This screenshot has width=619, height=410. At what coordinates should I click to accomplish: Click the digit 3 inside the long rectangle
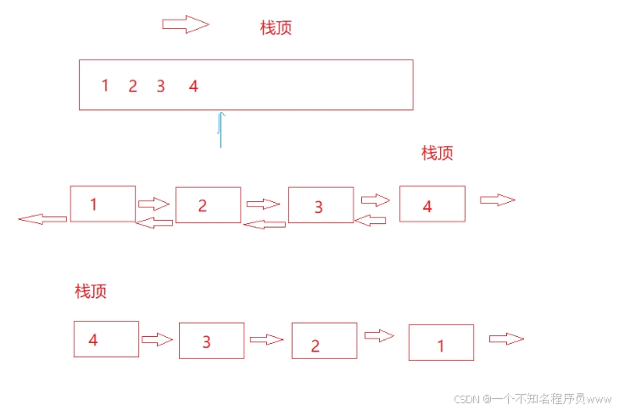[x=160, y=86]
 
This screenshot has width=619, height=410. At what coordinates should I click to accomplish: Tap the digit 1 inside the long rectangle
[x=105, y=85]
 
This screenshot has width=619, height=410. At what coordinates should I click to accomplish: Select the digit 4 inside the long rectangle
[x=193, y=86]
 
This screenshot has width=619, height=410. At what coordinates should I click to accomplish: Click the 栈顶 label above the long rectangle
[x=276, y=28]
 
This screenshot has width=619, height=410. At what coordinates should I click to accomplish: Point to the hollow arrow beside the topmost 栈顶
[x=185, y=25]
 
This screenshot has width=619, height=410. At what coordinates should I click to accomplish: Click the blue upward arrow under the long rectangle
[x=220, y=129]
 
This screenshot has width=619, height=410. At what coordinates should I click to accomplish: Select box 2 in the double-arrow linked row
[x=208, y=205]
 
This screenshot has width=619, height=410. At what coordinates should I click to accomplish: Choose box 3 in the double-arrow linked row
[x=321, y=205]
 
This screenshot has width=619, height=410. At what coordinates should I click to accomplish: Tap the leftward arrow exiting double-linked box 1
[x=42, y=219]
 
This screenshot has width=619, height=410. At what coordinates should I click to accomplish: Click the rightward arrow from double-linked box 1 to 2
[x=153, y=204]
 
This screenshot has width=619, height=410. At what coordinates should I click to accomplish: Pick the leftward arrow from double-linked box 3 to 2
[x=265, y=224]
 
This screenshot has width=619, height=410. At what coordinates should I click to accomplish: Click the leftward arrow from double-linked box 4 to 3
[x=370, y=220]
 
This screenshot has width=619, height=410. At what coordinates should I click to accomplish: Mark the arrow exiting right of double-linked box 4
[x=497, y=199]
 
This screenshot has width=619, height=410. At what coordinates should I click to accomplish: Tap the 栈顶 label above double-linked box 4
[x=437, y=153]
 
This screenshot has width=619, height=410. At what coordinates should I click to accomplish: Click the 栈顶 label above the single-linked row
[x=91, y=291]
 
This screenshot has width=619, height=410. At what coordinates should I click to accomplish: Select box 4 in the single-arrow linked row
[x=106, y=339]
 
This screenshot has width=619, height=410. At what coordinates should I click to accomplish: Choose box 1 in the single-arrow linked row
[x=441, y=343]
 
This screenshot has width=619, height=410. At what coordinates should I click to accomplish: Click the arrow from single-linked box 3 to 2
[x=266, y=339]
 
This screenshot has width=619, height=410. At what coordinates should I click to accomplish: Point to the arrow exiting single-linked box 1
[x=506, y=339]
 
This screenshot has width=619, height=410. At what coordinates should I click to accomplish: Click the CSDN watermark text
[x=532, y=398]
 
